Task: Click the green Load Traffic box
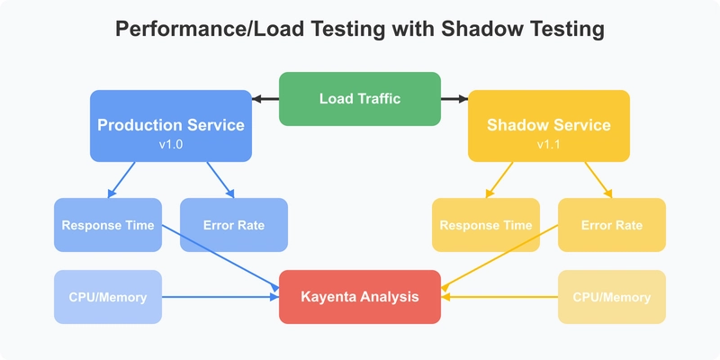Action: tap(360, 99)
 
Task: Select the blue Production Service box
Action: tap(171, 126)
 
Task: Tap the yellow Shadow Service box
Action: tap(549, 126)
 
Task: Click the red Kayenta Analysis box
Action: tap(360, 297)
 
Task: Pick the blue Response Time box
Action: tap(108, 225)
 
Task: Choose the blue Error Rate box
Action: tap(234, 225)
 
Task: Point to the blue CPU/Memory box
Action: tap(108, 297)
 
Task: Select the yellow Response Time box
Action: tap(486, 225)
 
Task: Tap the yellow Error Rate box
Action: tap(612, 225)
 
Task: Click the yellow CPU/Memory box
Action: tap(612, 297)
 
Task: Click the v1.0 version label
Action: tap(171, 144)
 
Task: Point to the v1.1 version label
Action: tap(549, 144)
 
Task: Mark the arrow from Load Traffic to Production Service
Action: tap(265, 99)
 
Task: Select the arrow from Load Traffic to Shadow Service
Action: tap(454, 99)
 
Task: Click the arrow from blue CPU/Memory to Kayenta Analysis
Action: tap(220, 297)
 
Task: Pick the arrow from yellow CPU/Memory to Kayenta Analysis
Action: tap(499, 297)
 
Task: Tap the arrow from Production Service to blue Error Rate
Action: tap(220, 179)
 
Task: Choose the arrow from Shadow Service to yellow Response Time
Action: tap(499, 179)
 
